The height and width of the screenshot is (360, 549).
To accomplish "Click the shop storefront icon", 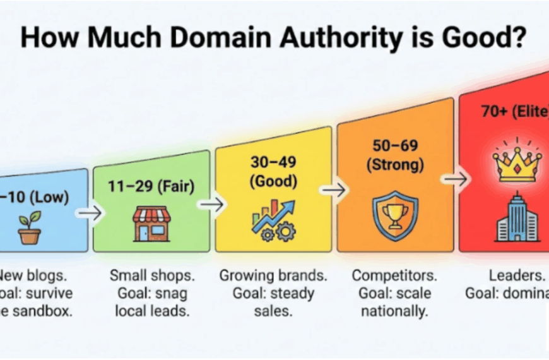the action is [151, 222].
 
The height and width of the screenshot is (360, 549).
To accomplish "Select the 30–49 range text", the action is [273, 163].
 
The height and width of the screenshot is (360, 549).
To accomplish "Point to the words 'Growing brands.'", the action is [273, 275].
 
